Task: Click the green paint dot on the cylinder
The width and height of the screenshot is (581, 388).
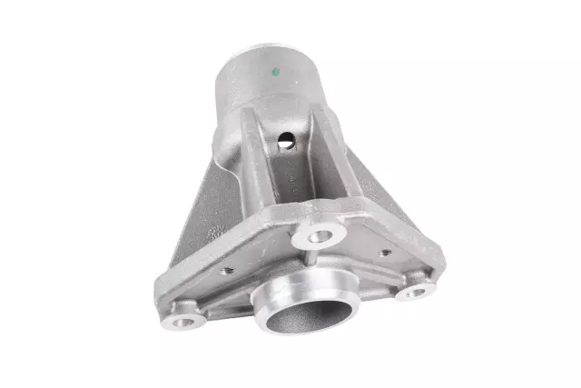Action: click(275, 71)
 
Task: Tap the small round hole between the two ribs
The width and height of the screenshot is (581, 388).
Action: click(285, 141)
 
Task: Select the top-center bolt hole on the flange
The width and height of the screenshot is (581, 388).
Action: click(319, 237)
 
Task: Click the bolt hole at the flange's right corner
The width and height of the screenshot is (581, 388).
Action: click(416, 292)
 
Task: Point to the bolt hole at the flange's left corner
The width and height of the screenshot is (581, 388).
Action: click(182, 321)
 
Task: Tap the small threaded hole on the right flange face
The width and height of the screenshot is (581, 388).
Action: click(385, 252)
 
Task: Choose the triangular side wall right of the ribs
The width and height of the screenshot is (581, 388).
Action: click(363, 191)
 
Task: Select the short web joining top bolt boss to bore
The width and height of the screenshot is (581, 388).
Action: click(310, 259)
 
